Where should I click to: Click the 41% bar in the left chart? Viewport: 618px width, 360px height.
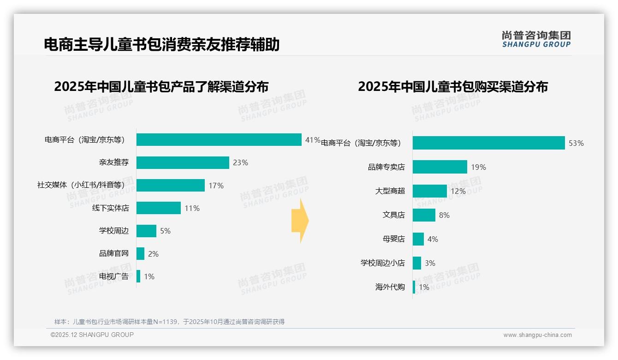(x=219, y=140)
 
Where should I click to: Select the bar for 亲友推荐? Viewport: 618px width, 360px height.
(x=183, y=162)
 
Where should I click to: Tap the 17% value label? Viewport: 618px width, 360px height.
(x=216, y=186)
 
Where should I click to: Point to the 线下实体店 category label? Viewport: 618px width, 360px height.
(x=110, y=208)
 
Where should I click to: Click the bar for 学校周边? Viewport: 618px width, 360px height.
(x=146, y=231)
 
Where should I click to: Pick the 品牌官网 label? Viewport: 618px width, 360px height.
(x=113, y=253)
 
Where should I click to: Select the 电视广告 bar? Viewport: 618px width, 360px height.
(x=138, y=276)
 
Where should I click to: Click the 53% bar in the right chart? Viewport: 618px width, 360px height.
(x=488, y=143)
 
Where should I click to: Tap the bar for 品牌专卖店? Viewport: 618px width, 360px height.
(x=440, y=167)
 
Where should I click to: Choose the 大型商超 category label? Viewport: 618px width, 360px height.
(x=390, y=191)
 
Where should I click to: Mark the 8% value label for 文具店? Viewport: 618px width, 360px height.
(x=444, y=215)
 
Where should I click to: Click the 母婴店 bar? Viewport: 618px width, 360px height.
(x=418, y=239)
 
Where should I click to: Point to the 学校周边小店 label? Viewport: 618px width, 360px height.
(x=382, y=263)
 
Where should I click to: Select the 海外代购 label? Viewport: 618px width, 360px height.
(x=390, y=287)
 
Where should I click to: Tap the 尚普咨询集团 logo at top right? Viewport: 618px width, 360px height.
(x=536, y=39)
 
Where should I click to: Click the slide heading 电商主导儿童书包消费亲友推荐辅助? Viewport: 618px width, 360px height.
(x=161, y=45)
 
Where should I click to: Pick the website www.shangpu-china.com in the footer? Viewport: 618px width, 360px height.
(x=537, y=335)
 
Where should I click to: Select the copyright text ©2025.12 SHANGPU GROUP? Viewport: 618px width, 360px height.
(x=92, y=335)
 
